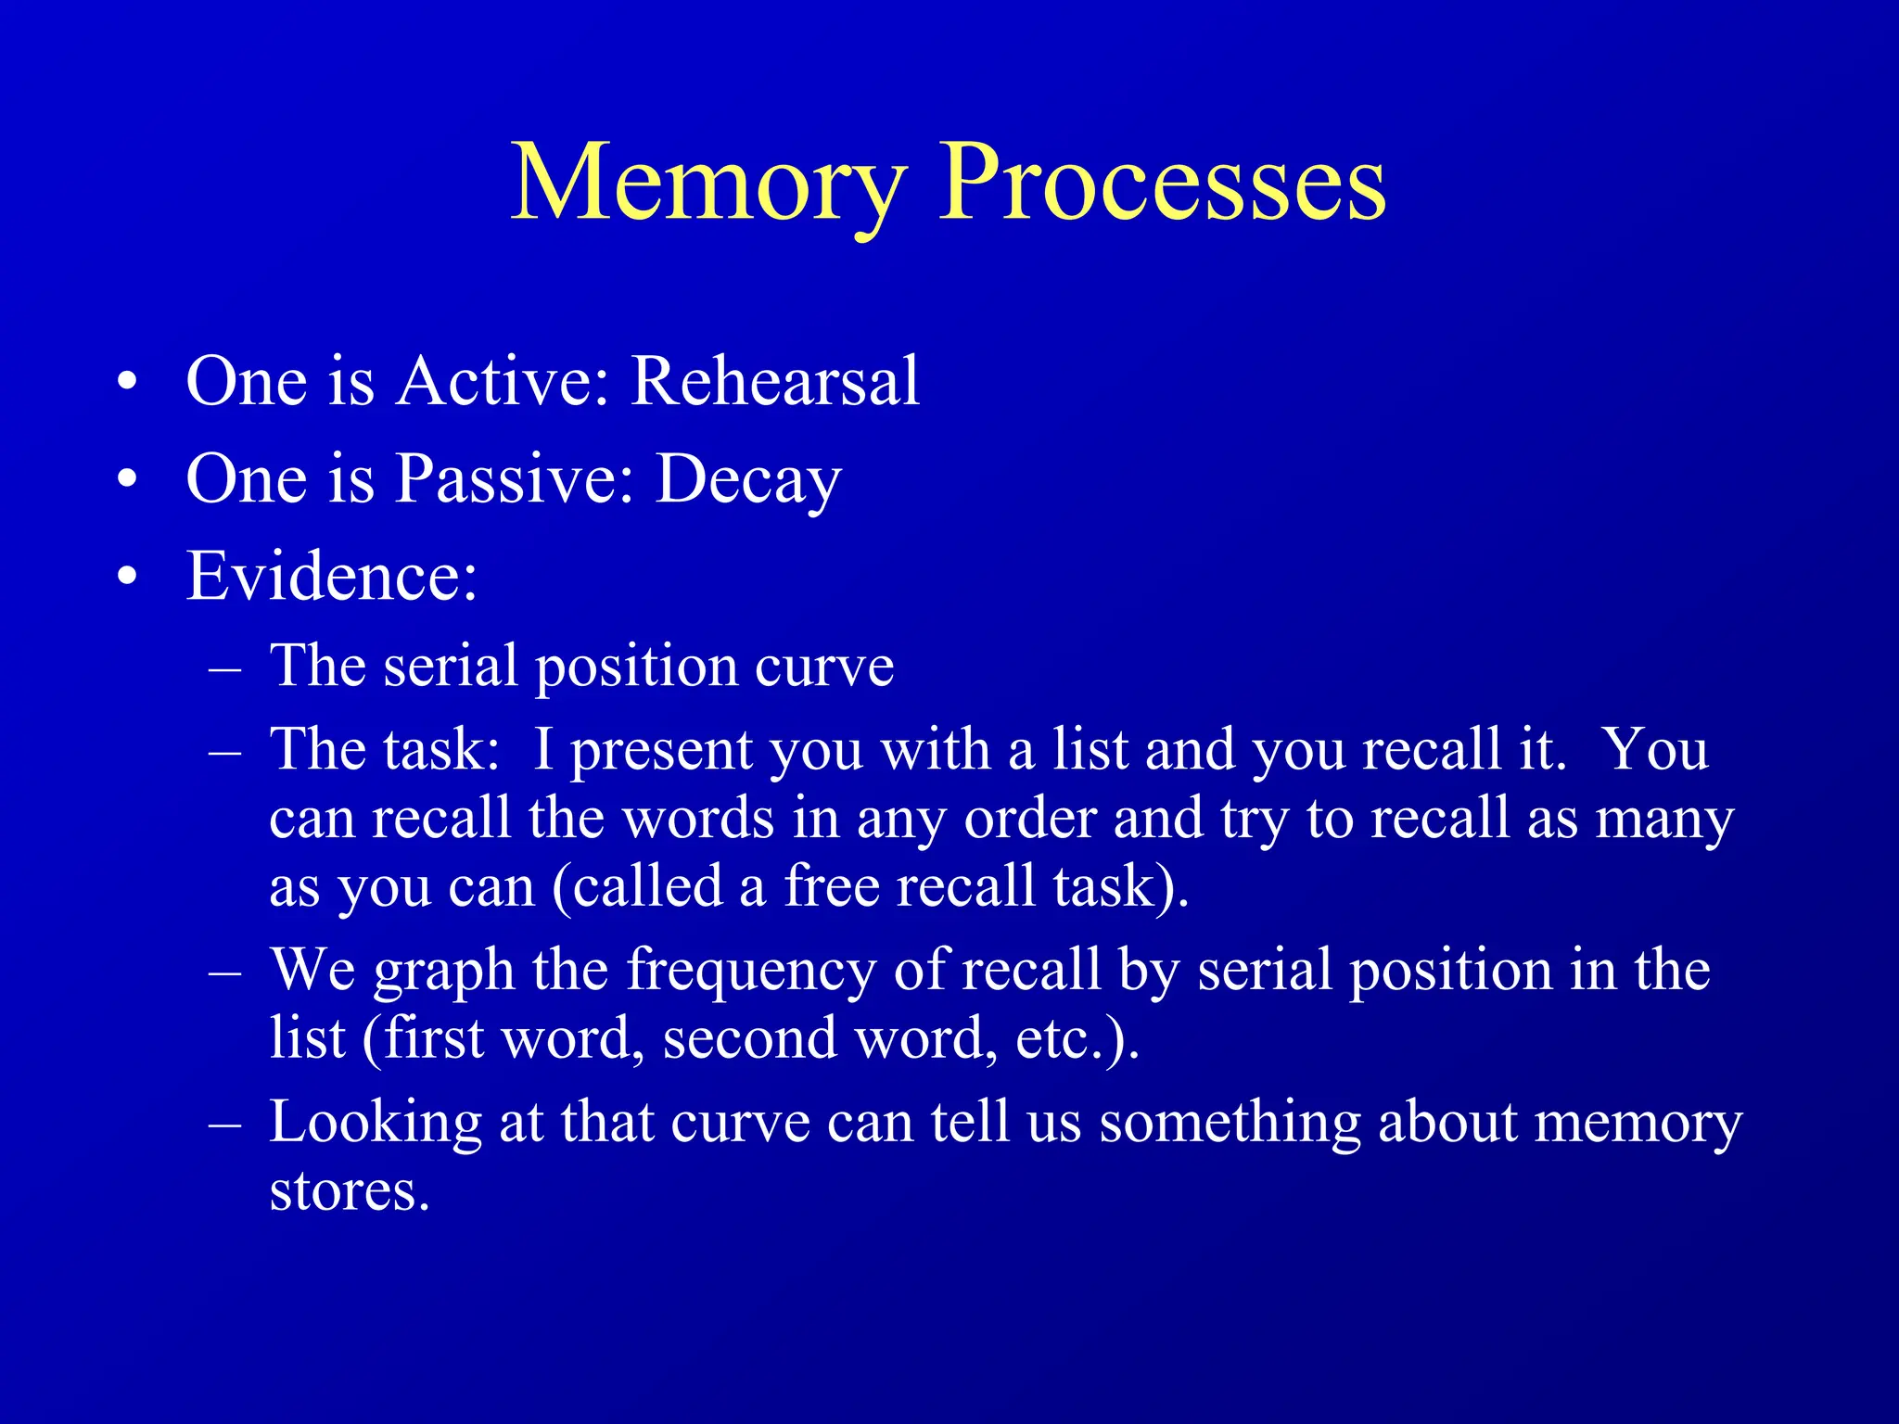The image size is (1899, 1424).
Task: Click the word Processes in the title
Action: pyautogui.click(x=1163, y=183)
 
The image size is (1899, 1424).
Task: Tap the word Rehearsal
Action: pyautogui.click(x=774, y=381)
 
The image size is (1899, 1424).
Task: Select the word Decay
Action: pyautogui.click(x=748, y=480)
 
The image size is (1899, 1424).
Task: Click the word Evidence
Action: pyautogui.click(x=331, y=577)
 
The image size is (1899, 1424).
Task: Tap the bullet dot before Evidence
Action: pyautogui.click(x=128, y=577)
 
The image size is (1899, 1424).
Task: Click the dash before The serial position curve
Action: pyautogui.click(x=225, y=667)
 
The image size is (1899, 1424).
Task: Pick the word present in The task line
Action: pyautogui.click(x=661, y=751)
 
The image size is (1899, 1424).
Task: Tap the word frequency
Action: pyautogui.click(x=750, y=972)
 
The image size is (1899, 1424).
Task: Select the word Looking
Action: pyautogui.click(x=376, y=1123)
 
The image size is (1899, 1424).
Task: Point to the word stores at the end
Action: pyautogui.click(x=349, y=1191)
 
